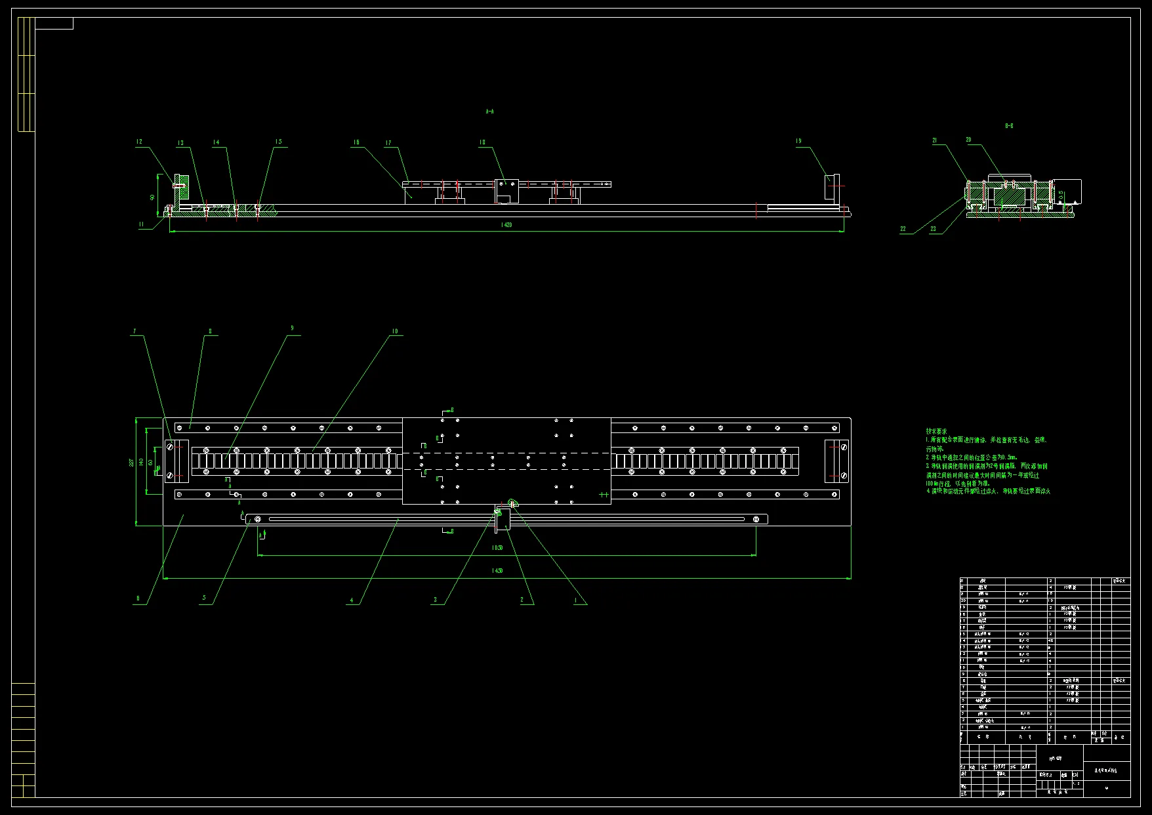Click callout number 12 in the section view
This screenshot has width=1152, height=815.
139,142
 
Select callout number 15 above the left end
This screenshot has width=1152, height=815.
279,142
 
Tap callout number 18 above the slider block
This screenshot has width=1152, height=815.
482,142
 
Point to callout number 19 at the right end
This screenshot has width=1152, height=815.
798,141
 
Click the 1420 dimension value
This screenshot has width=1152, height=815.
506,225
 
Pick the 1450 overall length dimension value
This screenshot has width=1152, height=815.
497,571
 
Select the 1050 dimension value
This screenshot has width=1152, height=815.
497,547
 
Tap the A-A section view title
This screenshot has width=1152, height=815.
489,112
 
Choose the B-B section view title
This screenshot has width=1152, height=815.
1009,125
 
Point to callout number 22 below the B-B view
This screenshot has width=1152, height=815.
903,229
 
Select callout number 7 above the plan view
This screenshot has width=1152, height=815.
134,331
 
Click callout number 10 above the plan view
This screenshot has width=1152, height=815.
395,331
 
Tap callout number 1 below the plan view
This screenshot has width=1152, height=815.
576,600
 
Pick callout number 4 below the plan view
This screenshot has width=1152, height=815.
352,600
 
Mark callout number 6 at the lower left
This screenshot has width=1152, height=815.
138,598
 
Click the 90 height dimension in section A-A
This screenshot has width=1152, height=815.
152,196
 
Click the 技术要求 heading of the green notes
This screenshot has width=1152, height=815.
936,431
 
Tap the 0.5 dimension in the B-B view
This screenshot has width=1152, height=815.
1061,196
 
